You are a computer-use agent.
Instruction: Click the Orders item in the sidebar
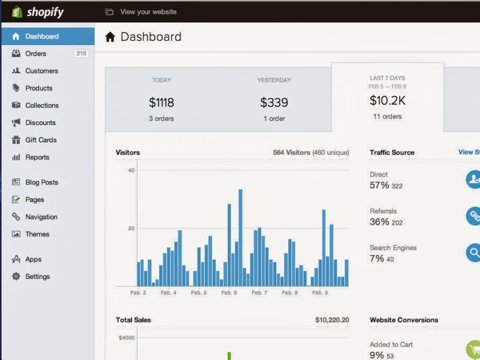[x=36, y=53]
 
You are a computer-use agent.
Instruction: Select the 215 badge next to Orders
[x=81, y=53]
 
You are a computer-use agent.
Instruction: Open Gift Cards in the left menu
[x=41, y=140]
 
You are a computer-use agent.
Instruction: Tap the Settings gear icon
[x=16, y=277]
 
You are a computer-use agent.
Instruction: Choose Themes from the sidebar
[x=37, y=234]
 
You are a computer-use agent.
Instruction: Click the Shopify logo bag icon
[x=17, y=12]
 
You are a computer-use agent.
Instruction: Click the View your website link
[x=148, y=12]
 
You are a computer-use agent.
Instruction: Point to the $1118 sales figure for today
[x=161, y=102]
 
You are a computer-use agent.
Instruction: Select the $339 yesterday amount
[x=274, y=102]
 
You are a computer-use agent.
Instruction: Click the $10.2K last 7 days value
[x=388, y=100]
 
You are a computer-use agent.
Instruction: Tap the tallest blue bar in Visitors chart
[x=241, y=238]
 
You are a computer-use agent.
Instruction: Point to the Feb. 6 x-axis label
[x=229, y=293]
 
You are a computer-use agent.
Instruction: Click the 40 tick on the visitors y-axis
[x=131, y=170]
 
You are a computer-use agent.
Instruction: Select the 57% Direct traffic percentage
[x=379, y=185]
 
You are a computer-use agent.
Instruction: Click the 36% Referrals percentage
[x=379, y=221]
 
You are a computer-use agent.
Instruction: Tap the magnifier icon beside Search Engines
[x=473, y=253]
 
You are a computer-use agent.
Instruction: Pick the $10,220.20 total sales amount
[x=332, y=320]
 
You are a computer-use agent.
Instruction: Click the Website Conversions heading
[x=404, y=320]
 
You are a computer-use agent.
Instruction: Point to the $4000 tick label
[x=127, y=338]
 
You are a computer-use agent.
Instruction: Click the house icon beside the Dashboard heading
[x=110, y=37]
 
